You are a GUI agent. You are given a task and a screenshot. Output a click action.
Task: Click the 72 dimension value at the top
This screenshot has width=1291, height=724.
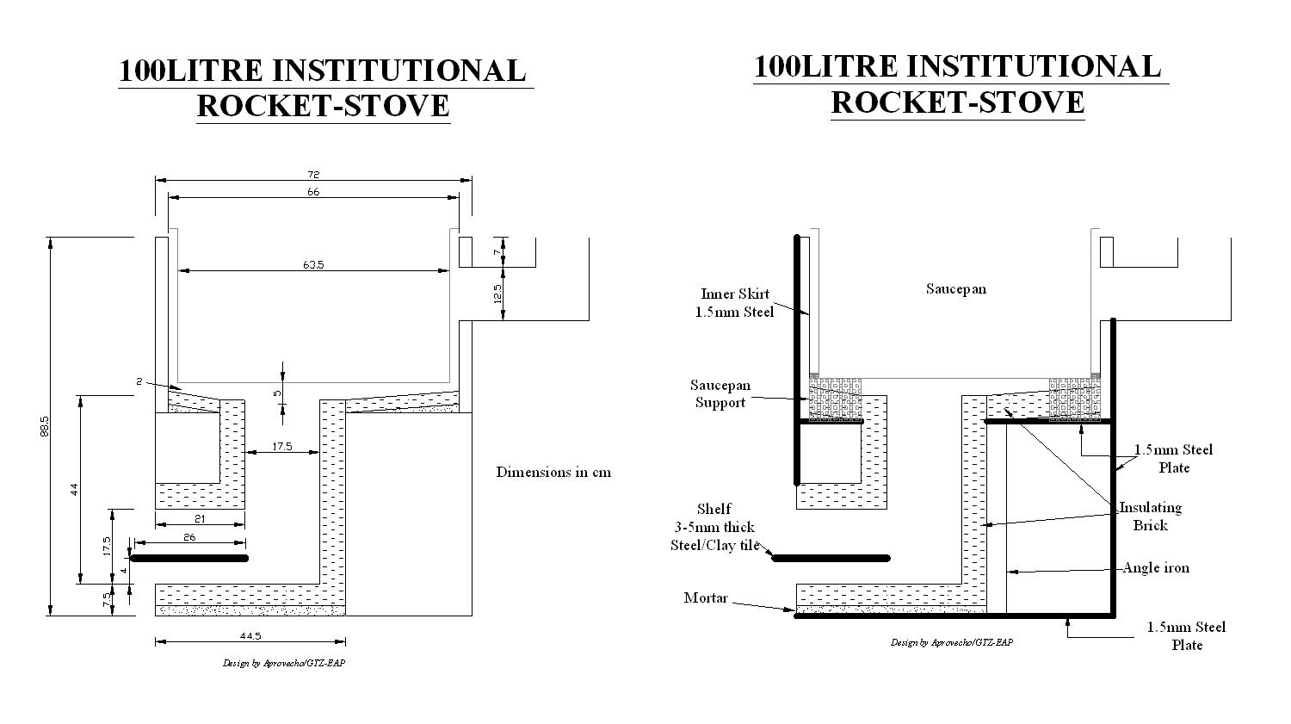coord(313,175)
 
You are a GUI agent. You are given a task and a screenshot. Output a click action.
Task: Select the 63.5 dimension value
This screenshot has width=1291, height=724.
coord(313,265)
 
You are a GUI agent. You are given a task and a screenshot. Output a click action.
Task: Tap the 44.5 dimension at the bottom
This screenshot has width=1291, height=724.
coord(250,635)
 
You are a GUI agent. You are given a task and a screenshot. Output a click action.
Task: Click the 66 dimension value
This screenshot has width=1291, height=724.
coord(313,192)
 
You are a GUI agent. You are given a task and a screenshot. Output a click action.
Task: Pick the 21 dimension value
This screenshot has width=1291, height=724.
coord(200,518)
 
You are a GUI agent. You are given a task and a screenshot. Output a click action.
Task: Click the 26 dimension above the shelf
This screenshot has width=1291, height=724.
coord(189,537)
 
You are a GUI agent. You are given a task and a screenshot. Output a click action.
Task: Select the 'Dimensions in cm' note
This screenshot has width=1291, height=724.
coord(553,472)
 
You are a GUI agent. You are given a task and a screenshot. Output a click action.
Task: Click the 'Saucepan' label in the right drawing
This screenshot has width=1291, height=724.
coord(955,288)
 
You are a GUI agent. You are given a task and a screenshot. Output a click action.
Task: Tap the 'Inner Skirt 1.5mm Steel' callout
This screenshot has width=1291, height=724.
coord(735,303)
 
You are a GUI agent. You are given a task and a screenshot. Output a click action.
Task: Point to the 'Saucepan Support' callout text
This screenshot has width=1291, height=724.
coord(720,393)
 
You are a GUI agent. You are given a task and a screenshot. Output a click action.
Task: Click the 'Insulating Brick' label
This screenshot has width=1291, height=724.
coord(1150,516)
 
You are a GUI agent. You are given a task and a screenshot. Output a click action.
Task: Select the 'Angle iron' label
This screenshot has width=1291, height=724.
coord(1156,568)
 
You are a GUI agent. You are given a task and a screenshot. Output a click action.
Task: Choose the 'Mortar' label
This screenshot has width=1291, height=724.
coord(706,597)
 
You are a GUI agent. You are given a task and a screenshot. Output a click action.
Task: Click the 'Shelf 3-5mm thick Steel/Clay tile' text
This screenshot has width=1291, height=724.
coord(714,527)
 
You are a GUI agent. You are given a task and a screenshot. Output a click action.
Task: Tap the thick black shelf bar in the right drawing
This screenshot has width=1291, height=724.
coord(831,558)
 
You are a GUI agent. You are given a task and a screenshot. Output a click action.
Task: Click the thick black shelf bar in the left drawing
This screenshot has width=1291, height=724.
coord(189,558)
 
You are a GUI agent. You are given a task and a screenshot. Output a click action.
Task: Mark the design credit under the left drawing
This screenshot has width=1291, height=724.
coord(284,663)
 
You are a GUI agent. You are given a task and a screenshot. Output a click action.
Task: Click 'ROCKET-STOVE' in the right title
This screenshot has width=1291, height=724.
coord(957,102)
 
